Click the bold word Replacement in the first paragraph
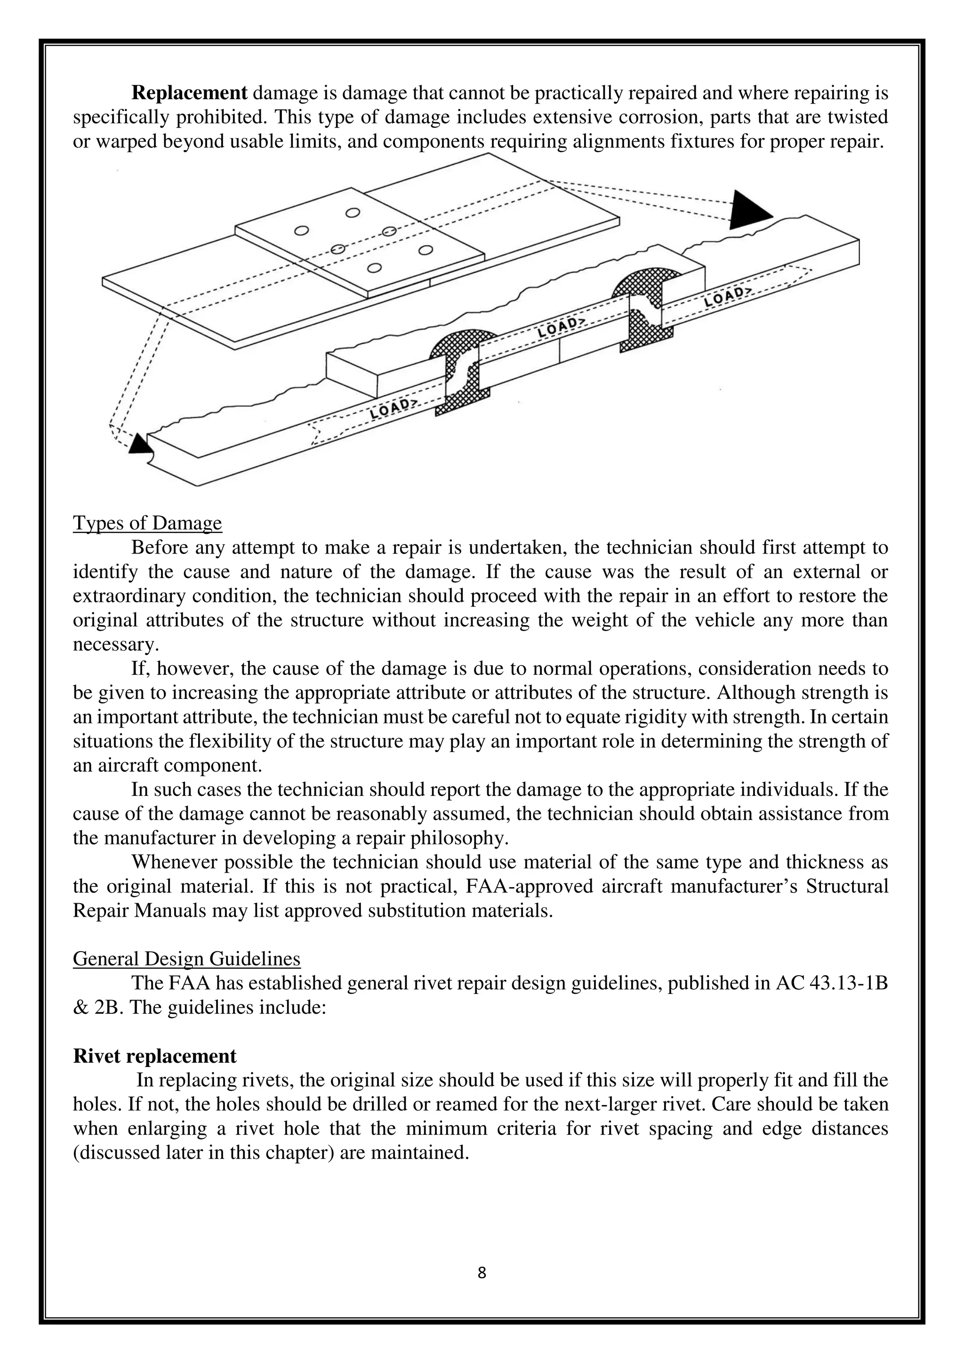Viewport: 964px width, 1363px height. coord(189,93)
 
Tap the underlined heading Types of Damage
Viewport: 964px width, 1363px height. coord(147,523)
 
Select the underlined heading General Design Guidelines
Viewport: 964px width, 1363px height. coord(186,959)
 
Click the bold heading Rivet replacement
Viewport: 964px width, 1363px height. coord(154,1056)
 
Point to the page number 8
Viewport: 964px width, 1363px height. coord(482,1272)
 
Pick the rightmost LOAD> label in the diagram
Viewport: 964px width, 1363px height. coord(728,296)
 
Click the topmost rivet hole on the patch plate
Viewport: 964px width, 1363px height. coord(353,213)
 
